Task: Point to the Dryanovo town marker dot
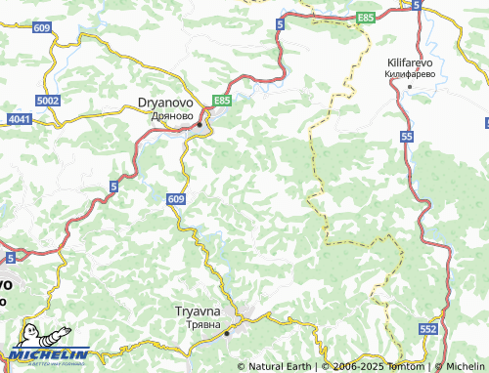[200, 125]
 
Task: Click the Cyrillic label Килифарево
[409, 72]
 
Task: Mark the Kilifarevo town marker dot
[409, 86]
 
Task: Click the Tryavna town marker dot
[227, 333]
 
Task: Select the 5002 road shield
[47, 101]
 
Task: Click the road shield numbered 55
[406, 139]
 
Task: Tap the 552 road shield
[428, 330]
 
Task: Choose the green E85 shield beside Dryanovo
[222, 100]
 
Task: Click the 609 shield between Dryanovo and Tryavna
[175, 199]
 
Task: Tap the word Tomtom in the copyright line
[409, 366]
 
